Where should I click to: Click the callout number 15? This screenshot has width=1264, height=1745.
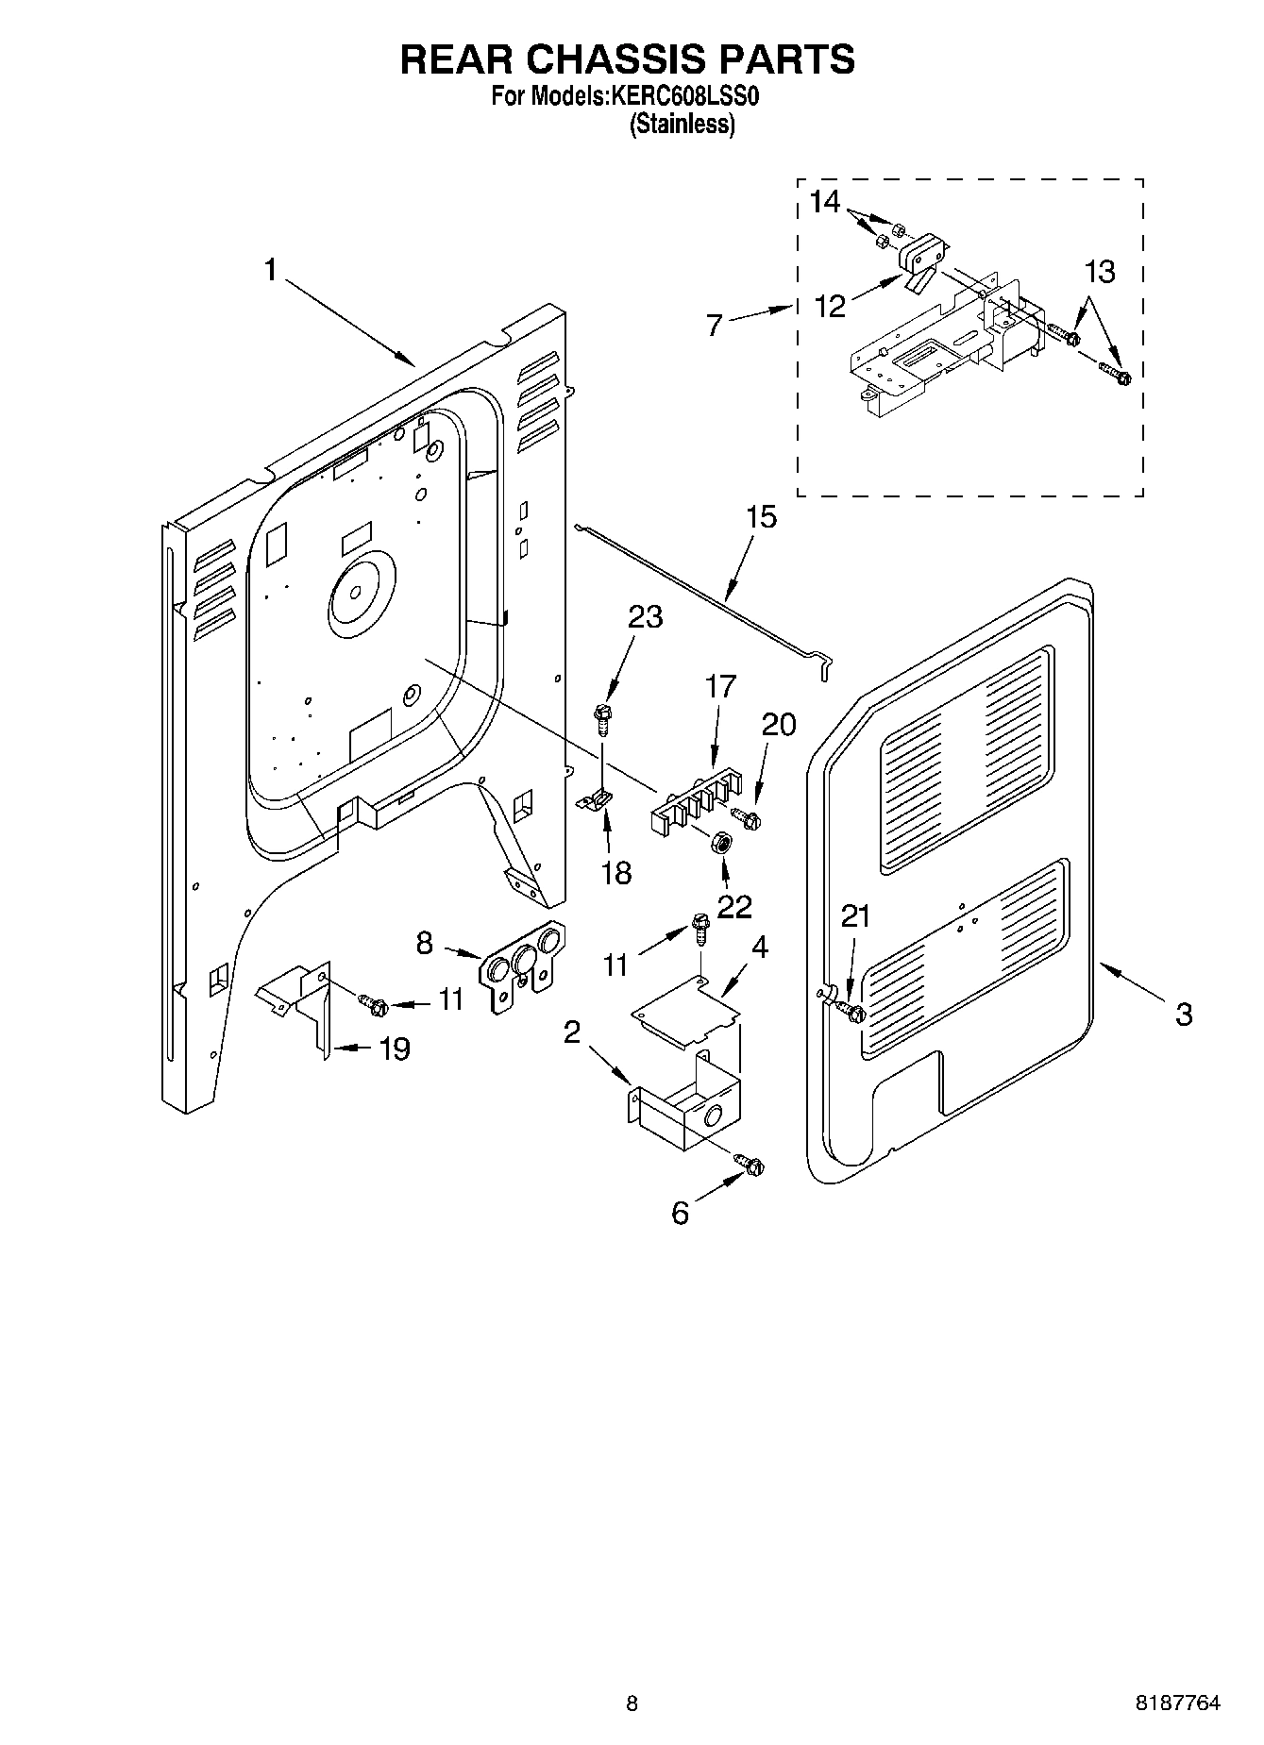point(761,517)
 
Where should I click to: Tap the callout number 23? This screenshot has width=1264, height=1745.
point(645,617)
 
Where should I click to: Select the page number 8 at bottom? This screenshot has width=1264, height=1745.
point(632,1703)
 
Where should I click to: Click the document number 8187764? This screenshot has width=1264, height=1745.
point(1177,1703)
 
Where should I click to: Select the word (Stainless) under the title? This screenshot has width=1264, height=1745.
point(682,124)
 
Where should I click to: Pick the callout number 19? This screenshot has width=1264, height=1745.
point(395,1048)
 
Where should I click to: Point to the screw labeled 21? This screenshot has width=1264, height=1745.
point(855,1014)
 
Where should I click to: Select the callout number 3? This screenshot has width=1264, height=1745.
point(1183,1015)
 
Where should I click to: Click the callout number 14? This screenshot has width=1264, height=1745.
point(824,202)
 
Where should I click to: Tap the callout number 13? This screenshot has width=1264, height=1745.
point(1100,272)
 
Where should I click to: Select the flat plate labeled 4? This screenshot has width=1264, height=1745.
point(683,1011)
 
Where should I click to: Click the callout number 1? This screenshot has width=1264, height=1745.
point(270,271)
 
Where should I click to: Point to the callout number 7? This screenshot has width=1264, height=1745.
point(715,326)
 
